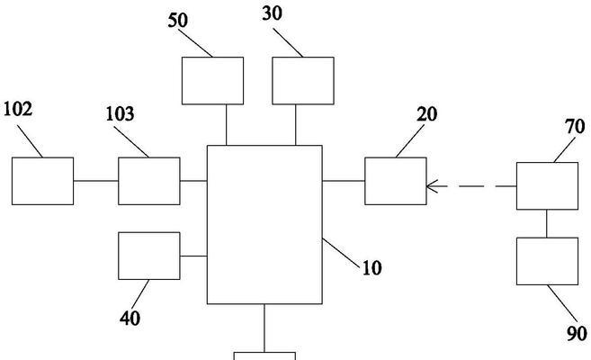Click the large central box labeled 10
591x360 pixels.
pos(264,224)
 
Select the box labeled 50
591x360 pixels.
pos(213,80)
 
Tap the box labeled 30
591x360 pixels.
pos(303,80)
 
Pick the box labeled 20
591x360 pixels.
pos(396,181)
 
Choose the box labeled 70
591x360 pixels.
pos(547,186)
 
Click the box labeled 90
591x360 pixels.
pos(547,261)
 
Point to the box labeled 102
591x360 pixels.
pos(42,180)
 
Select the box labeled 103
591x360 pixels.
pos(149,180)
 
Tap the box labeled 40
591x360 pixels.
pos(149,256)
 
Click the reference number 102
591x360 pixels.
pos(18,109)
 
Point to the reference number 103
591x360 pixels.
pos(120,114)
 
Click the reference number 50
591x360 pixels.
pos(177,21)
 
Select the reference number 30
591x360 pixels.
pos(273,13)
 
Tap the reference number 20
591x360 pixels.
pos(427,114)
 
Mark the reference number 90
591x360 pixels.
pos(577,334)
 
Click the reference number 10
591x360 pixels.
pos(372,267)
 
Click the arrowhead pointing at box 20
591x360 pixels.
pos(432,186)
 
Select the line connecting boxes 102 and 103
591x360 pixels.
pos(96,180)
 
